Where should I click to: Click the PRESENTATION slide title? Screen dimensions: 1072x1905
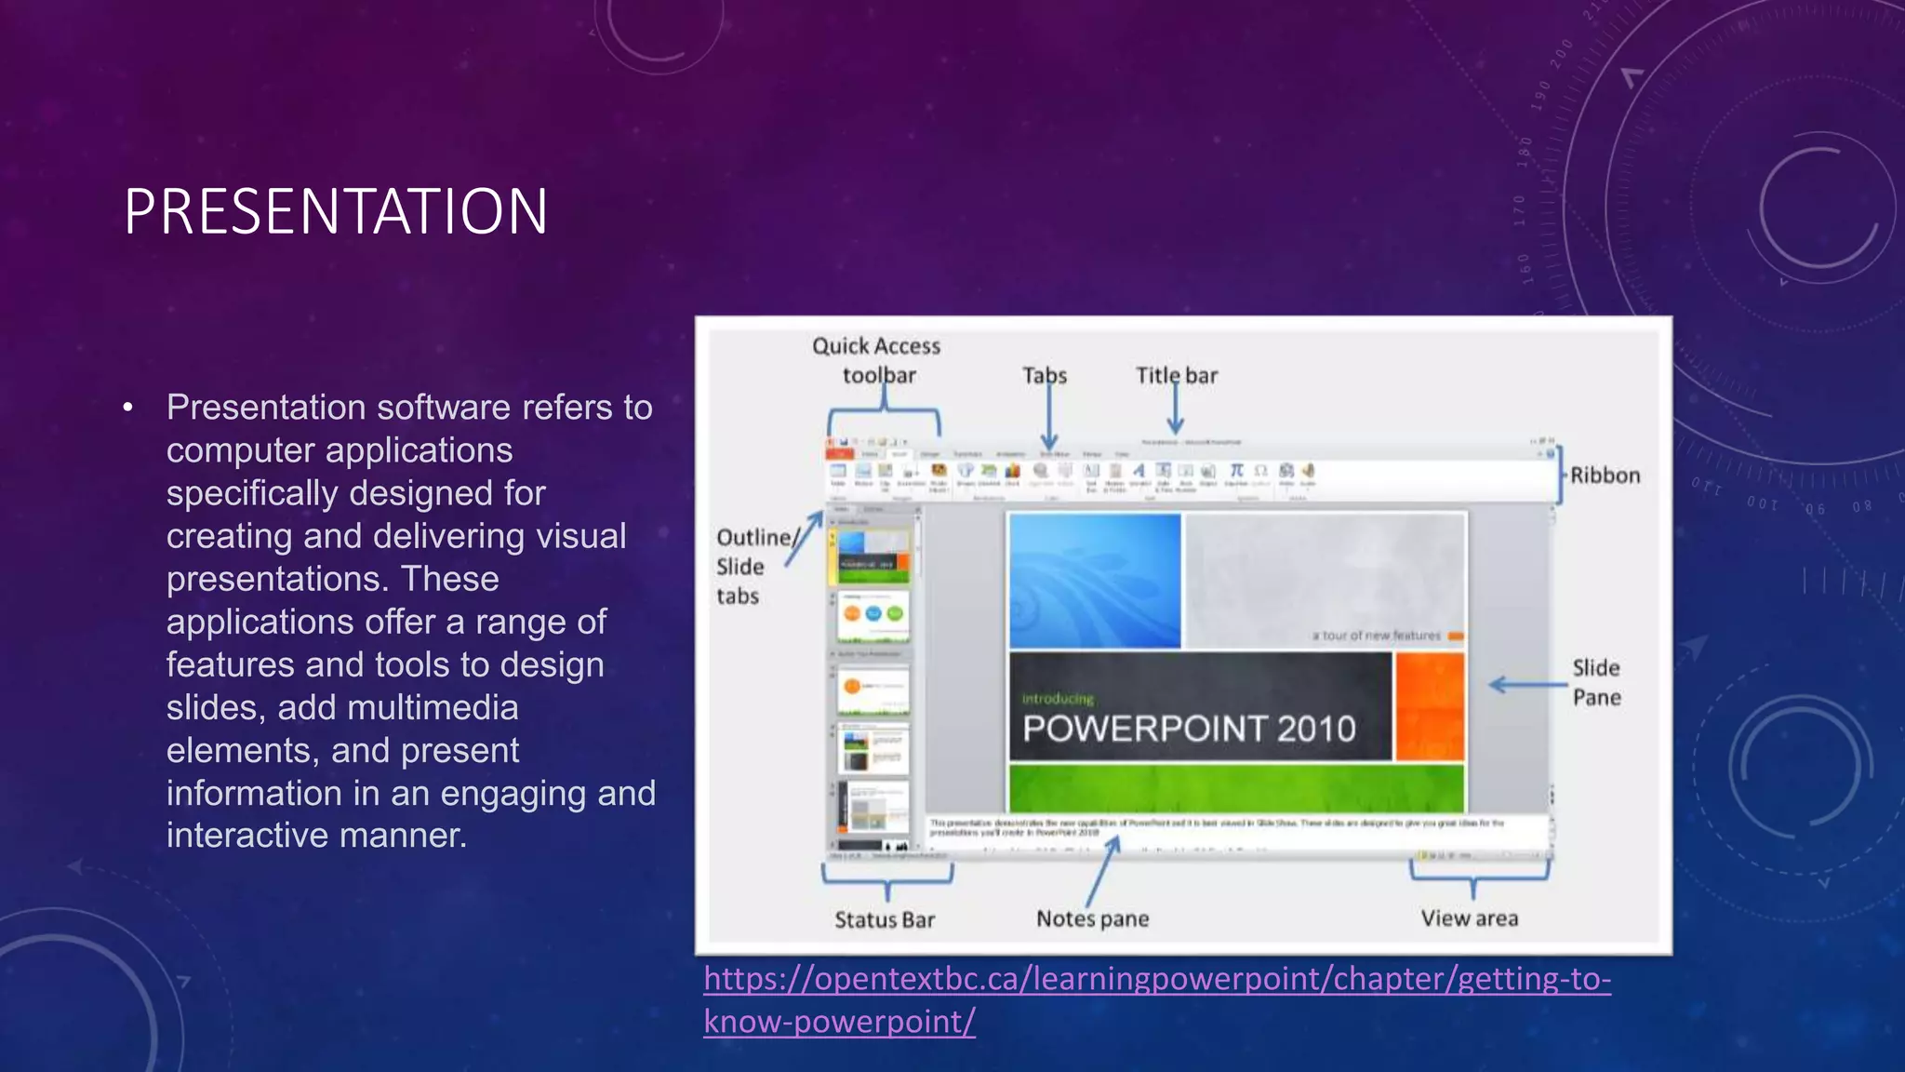[x=336, y=211]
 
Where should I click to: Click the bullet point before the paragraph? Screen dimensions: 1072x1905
[x=128, y=408]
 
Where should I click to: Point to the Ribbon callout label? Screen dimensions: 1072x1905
[x=1605, y=476]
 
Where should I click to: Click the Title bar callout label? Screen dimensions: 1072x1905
[x=1176, y=375]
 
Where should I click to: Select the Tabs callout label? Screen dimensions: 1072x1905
[x=1045, y=375]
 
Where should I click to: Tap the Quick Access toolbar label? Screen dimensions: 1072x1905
[x=876, y=360]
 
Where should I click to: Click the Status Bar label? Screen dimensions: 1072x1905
[x=884, y=919]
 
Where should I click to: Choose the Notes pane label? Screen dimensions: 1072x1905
[x=1092, y=918]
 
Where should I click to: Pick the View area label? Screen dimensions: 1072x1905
[x=1469, y=918]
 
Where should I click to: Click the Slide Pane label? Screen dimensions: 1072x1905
[x=1596, y=682]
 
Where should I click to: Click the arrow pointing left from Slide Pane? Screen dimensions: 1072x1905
[x=1526, y=685]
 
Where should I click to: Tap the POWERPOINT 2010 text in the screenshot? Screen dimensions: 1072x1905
[x=1189, y=729]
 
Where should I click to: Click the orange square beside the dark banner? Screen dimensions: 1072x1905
[x=1429, y=705]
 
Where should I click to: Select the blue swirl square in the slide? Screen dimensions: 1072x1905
[x=1095, y=581]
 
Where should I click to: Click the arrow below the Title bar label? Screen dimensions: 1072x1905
[x=1176, y=409]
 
